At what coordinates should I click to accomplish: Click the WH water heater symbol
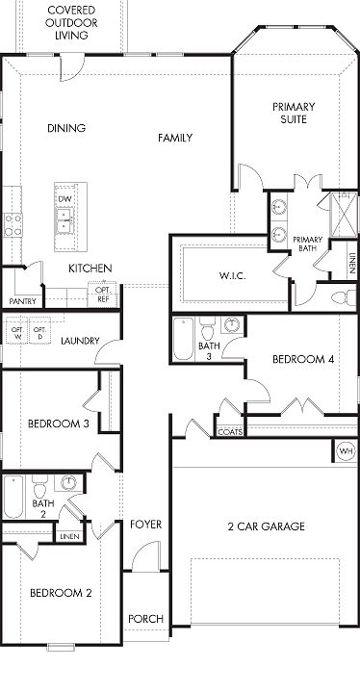coord(347,451)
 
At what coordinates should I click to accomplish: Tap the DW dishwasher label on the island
coord(64,199)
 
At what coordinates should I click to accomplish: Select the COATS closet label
coord(230,432)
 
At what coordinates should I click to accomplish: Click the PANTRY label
coord(22,301)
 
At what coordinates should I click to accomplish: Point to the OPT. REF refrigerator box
coord(104,295)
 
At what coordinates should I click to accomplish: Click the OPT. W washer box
coord(16,330)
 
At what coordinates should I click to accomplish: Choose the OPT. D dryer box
coord(40,330)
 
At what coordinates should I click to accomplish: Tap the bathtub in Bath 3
coord(183,339)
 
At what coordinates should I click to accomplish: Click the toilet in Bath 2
coord(39,487)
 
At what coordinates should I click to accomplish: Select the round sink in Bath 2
coord(68,482)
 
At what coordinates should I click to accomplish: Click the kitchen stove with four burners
coord(13,225)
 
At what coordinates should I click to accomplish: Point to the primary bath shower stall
coord(344,215)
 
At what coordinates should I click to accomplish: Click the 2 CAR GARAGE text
coord(267,526)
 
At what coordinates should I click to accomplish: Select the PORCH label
coord(146,619)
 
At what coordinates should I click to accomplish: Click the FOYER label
coord(146,525)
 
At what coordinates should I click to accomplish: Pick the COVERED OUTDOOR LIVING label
coord(71,22)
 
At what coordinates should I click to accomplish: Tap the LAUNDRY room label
coord(80,341)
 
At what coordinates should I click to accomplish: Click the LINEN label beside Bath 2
coord(70,536)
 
